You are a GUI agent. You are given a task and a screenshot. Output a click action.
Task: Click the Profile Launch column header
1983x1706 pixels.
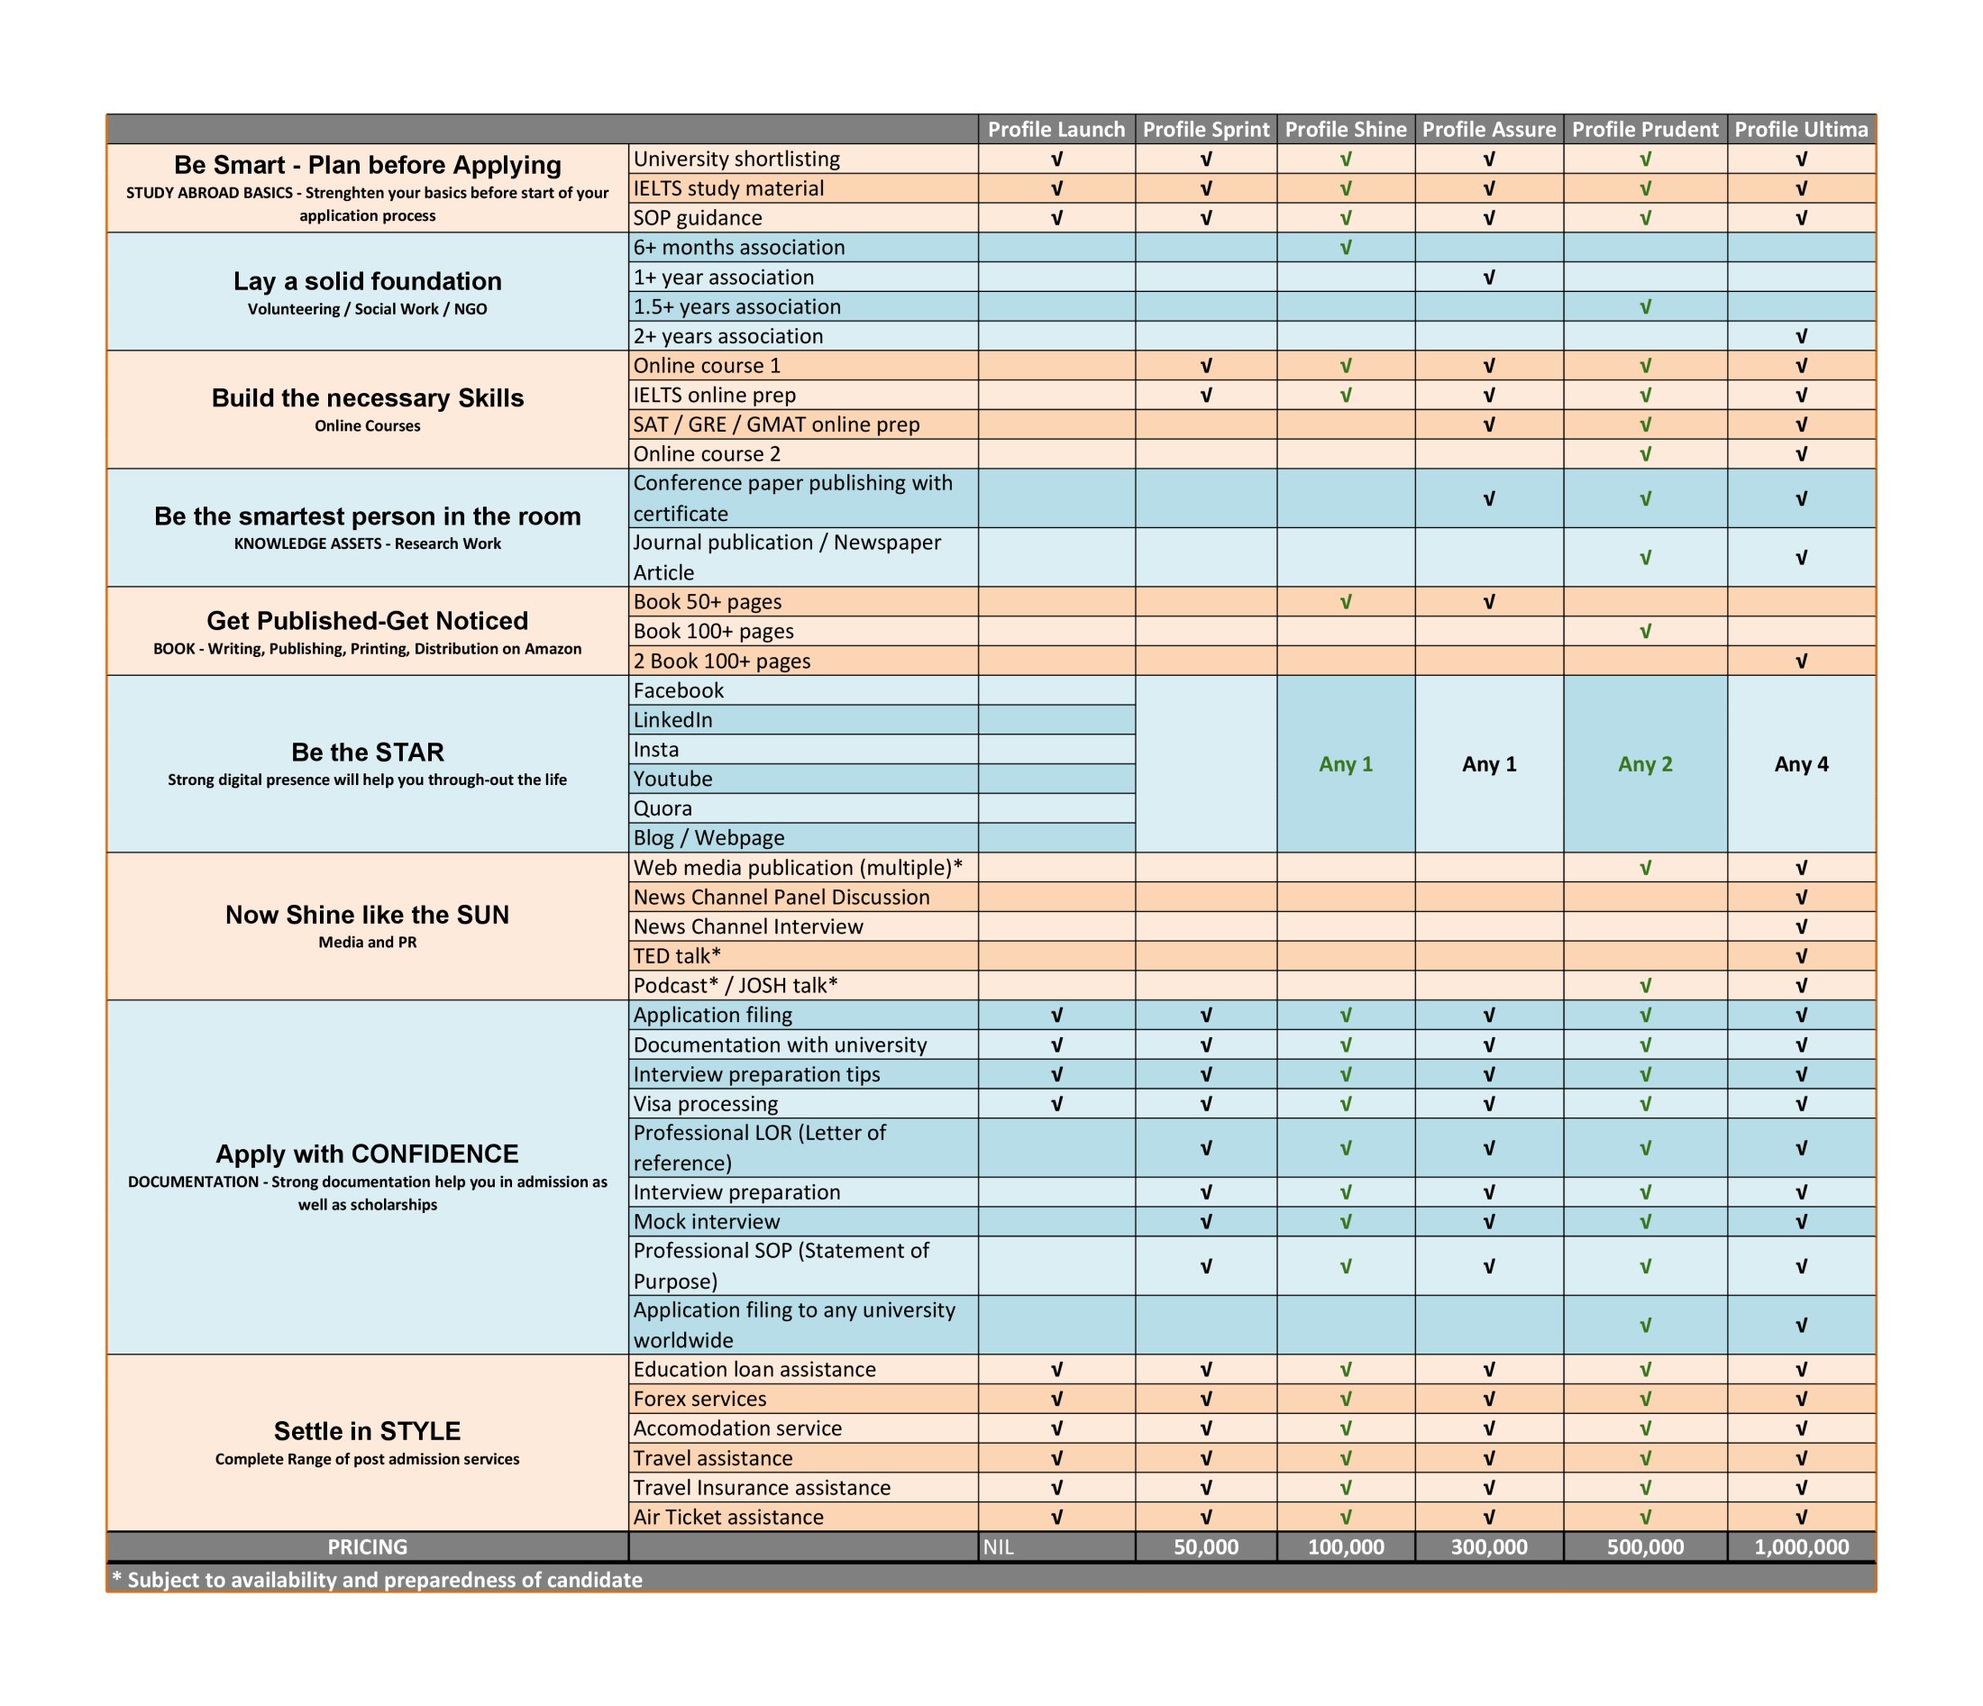[x=1055, y=129]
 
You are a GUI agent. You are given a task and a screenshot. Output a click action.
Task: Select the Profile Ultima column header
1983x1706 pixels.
[x=1800, y=129]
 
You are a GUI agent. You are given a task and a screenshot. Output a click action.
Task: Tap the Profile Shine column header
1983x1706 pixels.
[x=1345, y=129]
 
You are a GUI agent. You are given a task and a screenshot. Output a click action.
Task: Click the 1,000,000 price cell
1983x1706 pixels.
[x=1800, y=1547]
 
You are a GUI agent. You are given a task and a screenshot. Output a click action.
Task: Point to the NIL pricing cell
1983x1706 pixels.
[x=998, y=1547]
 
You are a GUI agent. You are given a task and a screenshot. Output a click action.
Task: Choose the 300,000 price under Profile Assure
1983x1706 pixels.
[x=1488, y=1547]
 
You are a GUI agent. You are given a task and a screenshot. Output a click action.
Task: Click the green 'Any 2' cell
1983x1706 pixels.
[x=1644, y=763]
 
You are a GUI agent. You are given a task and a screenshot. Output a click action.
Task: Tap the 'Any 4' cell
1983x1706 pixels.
[x=1800, y=763]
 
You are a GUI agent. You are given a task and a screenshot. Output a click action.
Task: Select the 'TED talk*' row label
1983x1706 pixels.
[x=677, y=956]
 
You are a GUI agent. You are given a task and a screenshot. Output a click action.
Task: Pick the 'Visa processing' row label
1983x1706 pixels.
[x=706, y=1103]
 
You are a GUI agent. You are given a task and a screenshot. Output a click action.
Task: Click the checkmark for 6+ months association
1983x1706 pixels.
[x=1345, y=248]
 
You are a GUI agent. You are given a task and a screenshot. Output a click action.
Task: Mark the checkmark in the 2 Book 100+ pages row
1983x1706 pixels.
[x=1800, y=661]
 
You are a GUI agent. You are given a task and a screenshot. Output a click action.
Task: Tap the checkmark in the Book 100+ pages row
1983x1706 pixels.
[x=1644, y=632]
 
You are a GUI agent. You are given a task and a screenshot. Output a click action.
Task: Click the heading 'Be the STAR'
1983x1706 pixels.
[x=368, y=752]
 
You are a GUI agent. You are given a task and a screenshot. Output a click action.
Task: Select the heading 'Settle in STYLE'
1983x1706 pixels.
[x=368, y=1430]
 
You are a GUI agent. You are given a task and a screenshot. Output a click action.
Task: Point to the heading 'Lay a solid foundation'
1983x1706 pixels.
[x=368, y=281]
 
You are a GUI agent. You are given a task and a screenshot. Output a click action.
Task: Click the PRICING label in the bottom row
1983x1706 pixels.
[x=368, y=1547]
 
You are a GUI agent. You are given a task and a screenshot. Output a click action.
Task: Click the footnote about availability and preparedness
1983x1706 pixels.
[x=377, y=1580]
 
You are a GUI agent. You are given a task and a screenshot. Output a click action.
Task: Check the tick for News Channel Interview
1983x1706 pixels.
[x=1800, y=926]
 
